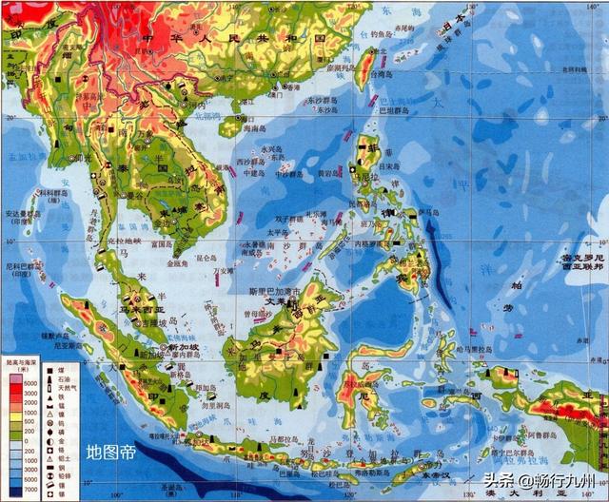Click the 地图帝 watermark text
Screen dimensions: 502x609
(110, 452)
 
